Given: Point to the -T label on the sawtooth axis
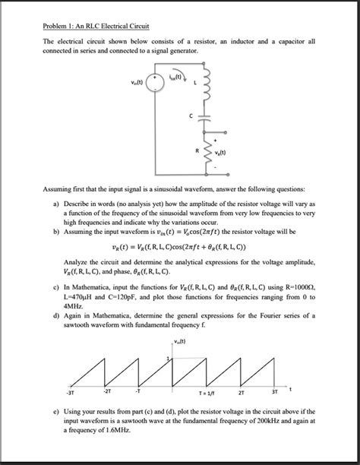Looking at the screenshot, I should [137, 393].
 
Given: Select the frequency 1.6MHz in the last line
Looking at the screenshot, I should [113, 430].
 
